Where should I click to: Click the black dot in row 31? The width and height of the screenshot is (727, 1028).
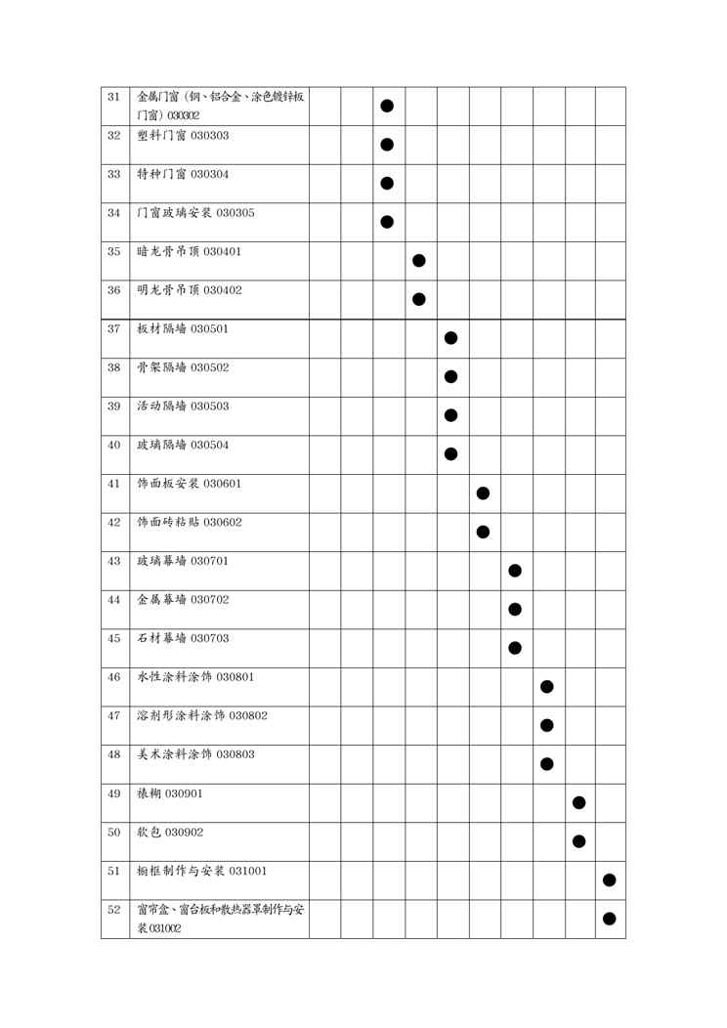pos(387,106)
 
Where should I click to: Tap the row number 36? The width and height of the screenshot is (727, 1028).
pos(113,290)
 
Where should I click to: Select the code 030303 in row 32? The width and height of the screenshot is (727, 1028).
pos(210,135)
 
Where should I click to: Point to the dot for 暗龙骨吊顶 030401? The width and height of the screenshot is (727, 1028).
pos(419,260)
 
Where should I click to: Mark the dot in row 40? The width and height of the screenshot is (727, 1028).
pos(450,453)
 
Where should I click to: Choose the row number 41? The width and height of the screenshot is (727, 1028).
pos(113,484)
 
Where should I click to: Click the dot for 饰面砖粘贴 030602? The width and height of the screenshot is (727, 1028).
pos(483,531)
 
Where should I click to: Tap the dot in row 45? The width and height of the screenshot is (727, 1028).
pos(515,647)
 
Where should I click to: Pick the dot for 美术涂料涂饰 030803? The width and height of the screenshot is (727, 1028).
pos(547,763)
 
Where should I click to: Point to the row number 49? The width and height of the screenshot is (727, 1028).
pos(113,792)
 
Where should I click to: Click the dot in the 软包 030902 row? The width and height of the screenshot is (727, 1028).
pos(578,840)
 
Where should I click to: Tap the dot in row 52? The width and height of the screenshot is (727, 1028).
pos(610,918)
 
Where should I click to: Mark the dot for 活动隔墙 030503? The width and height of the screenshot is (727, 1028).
pos(450,414)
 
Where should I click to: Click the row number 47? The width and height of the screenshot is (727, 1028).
pos(113,715)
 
